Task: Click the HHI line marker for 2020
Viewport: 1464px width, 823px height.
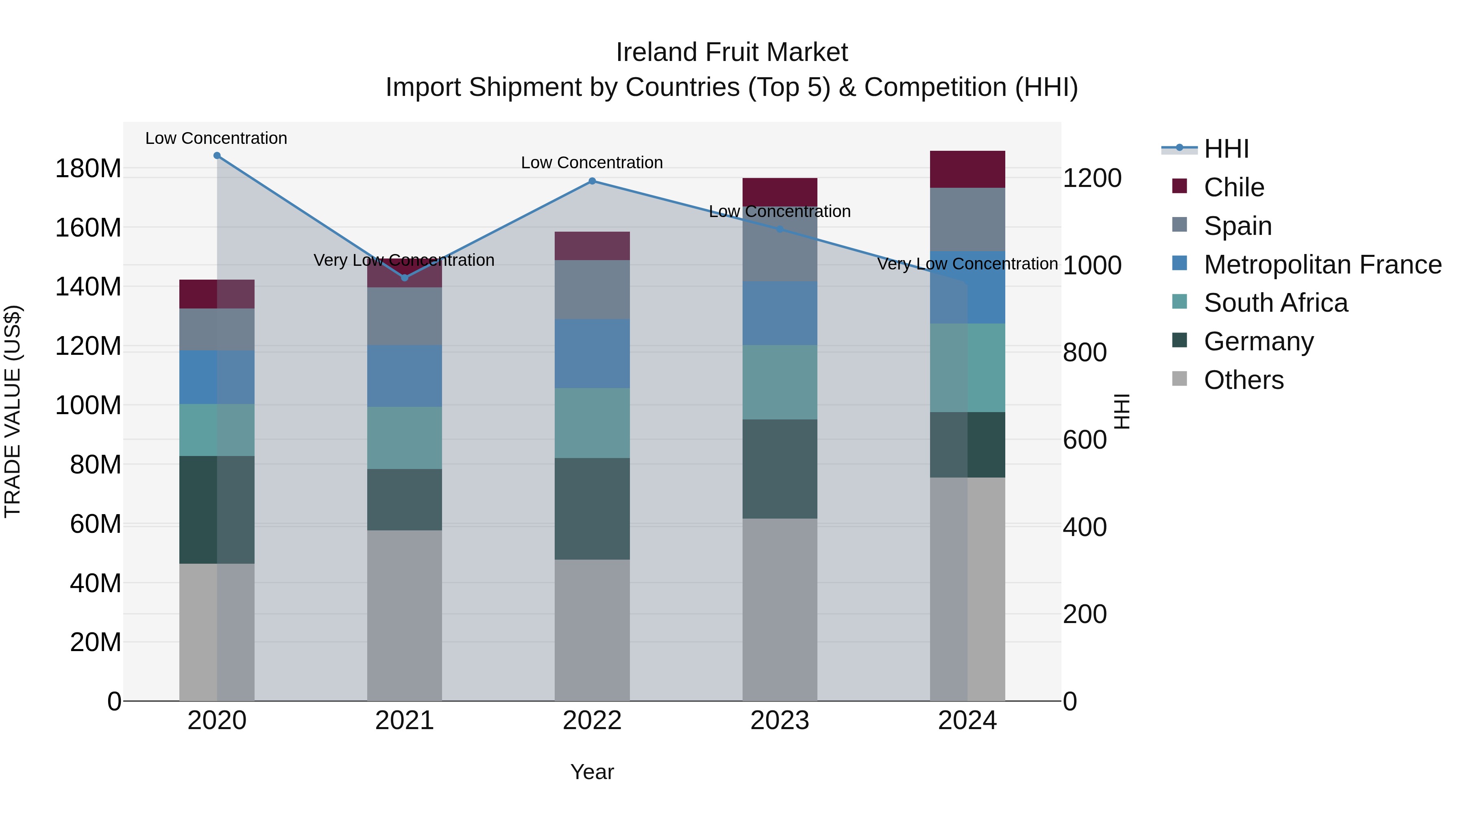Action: pos(217,156)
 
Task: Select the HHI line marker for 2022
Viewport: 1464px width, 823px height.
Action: pos(592,181)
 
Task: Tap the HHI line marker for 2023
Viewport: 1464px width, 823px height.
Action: pos(780,230)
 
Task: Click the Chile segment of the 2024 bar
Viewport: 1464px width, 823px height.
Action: pos(967,169)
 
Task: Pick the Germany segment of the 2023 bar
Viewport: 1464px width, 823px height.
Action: pos(780,469)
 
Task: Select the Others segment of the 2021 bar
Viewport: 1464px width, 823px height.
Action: pos(405,616)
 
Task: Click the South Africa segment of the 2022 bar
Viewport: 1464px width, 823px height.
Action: pos(592,423)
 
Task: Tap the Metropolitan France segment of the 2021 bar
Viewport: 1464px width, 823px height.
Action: pos(405,376)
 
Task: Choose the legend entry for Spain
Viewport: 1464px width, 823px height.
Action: pos(1237,226)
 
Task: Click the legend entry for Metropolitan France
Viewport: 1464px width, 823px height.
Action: pos(1322,265)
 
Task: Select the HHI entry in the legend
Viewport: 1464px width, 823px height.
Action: pos(1226,149)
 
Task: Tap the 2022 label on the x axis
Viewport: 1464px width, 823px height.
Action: pos(592,721)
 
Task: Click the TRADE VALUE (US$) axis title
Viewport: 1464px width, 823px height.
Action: pos(13,411)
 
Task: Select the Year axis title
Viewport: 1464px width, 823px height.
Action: pos(592,772)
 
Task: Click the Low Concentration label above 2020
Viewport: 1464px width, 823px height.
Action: pos(216,139)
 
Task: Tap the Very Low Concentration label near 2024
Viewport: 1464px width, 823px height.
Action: pos(967,264)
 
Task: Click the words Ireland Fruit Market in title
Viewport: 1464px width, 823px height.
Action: pos(732,52)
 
